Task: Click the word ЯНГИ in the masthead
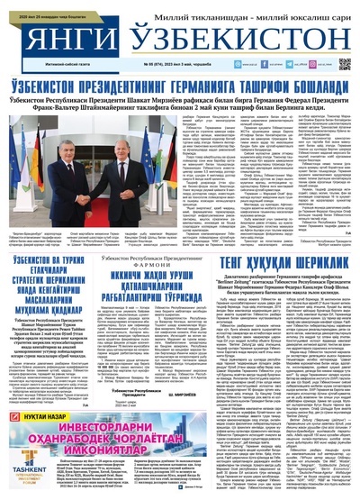point(59,38)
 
